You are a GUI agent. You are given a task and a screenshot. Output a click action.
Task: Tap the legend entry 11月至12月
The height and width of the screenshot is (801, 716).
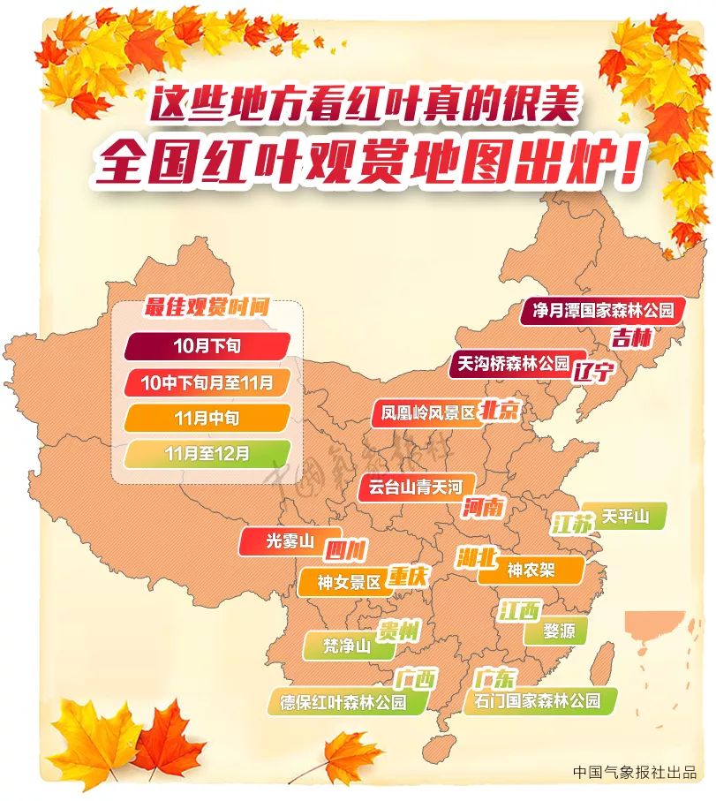point(207,454)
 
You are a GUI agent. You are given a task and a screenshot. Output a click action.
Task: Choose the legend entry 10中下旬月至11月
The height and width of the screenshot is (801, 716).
point(207,382)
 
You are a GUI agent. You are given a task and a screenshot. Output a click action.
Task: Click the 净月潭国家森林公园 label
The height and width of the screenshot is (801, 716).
point(603,311)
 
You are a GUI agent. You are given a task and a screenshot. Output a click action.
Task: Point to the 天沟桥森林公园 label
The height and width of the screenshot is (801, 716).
point(512,363)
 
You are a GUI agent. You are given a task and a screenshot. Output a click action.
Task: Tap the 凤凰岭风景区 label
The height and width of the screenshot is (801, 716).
point(427,412)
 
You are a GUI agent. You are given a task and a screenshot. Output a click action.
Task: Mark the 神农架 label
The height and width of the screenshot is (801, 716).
point(531,571)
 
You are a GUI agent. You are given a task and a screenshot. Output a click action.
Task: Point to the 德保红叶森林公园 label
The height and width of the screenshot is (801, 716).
point(343,703)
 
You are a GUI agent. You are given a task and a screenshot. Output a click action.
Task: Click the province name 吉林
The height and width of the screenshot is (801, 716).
point(631,337)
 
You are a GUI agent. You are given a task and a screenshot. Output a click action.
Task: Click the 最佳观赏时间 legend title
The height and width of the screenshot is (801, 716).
point(207,309)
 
